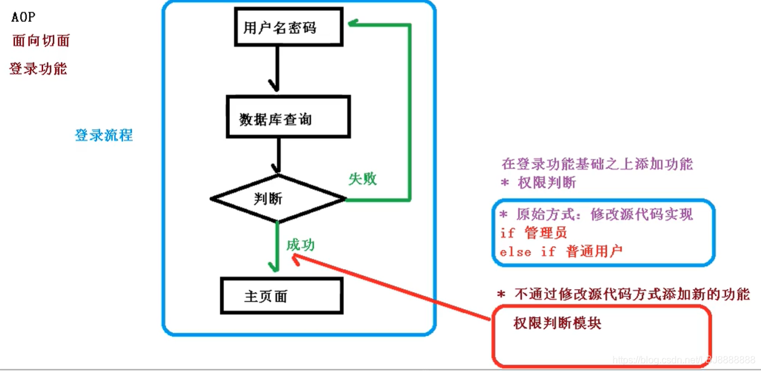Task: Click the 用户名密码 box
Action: pyautogui.click(x=280, y=28)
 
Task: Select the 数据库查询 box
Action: pyautogui.click(x=287, y=116)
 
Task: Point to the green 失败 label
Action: pyautogui.click(x=363, y=178)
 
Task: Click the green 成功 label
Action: pyautogui.click(x=301, y=246)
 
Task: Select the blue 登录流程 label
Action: pyautogui.click(x=104, y=135)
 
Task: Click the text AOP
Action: pyautogui.click(x=23, y=16)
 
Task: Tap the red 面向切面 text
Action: pyautogui.click(x=41, y=41)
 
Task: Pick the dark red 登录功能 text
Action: pyautogui.click(x=38, y=69)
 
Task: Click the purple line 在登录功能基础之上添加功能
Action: pyautogui.click(x=597, y=164)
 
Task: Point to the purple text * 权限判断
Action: pyautogui.click(x=538, y=182)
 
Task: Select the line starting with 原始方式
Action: pyautogui.click(x=595, y=215)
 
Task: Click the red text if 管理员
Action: pyautogui.click(x=534, y=233)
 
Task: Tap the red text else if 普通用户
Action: pyautogui.click(x=561, y=251)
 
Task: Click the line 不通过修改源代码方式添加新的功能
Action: pyautogui.click(x=623, y=295)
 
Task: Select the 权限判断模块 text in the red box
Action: pyautogui.click(x=557, y=323)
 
